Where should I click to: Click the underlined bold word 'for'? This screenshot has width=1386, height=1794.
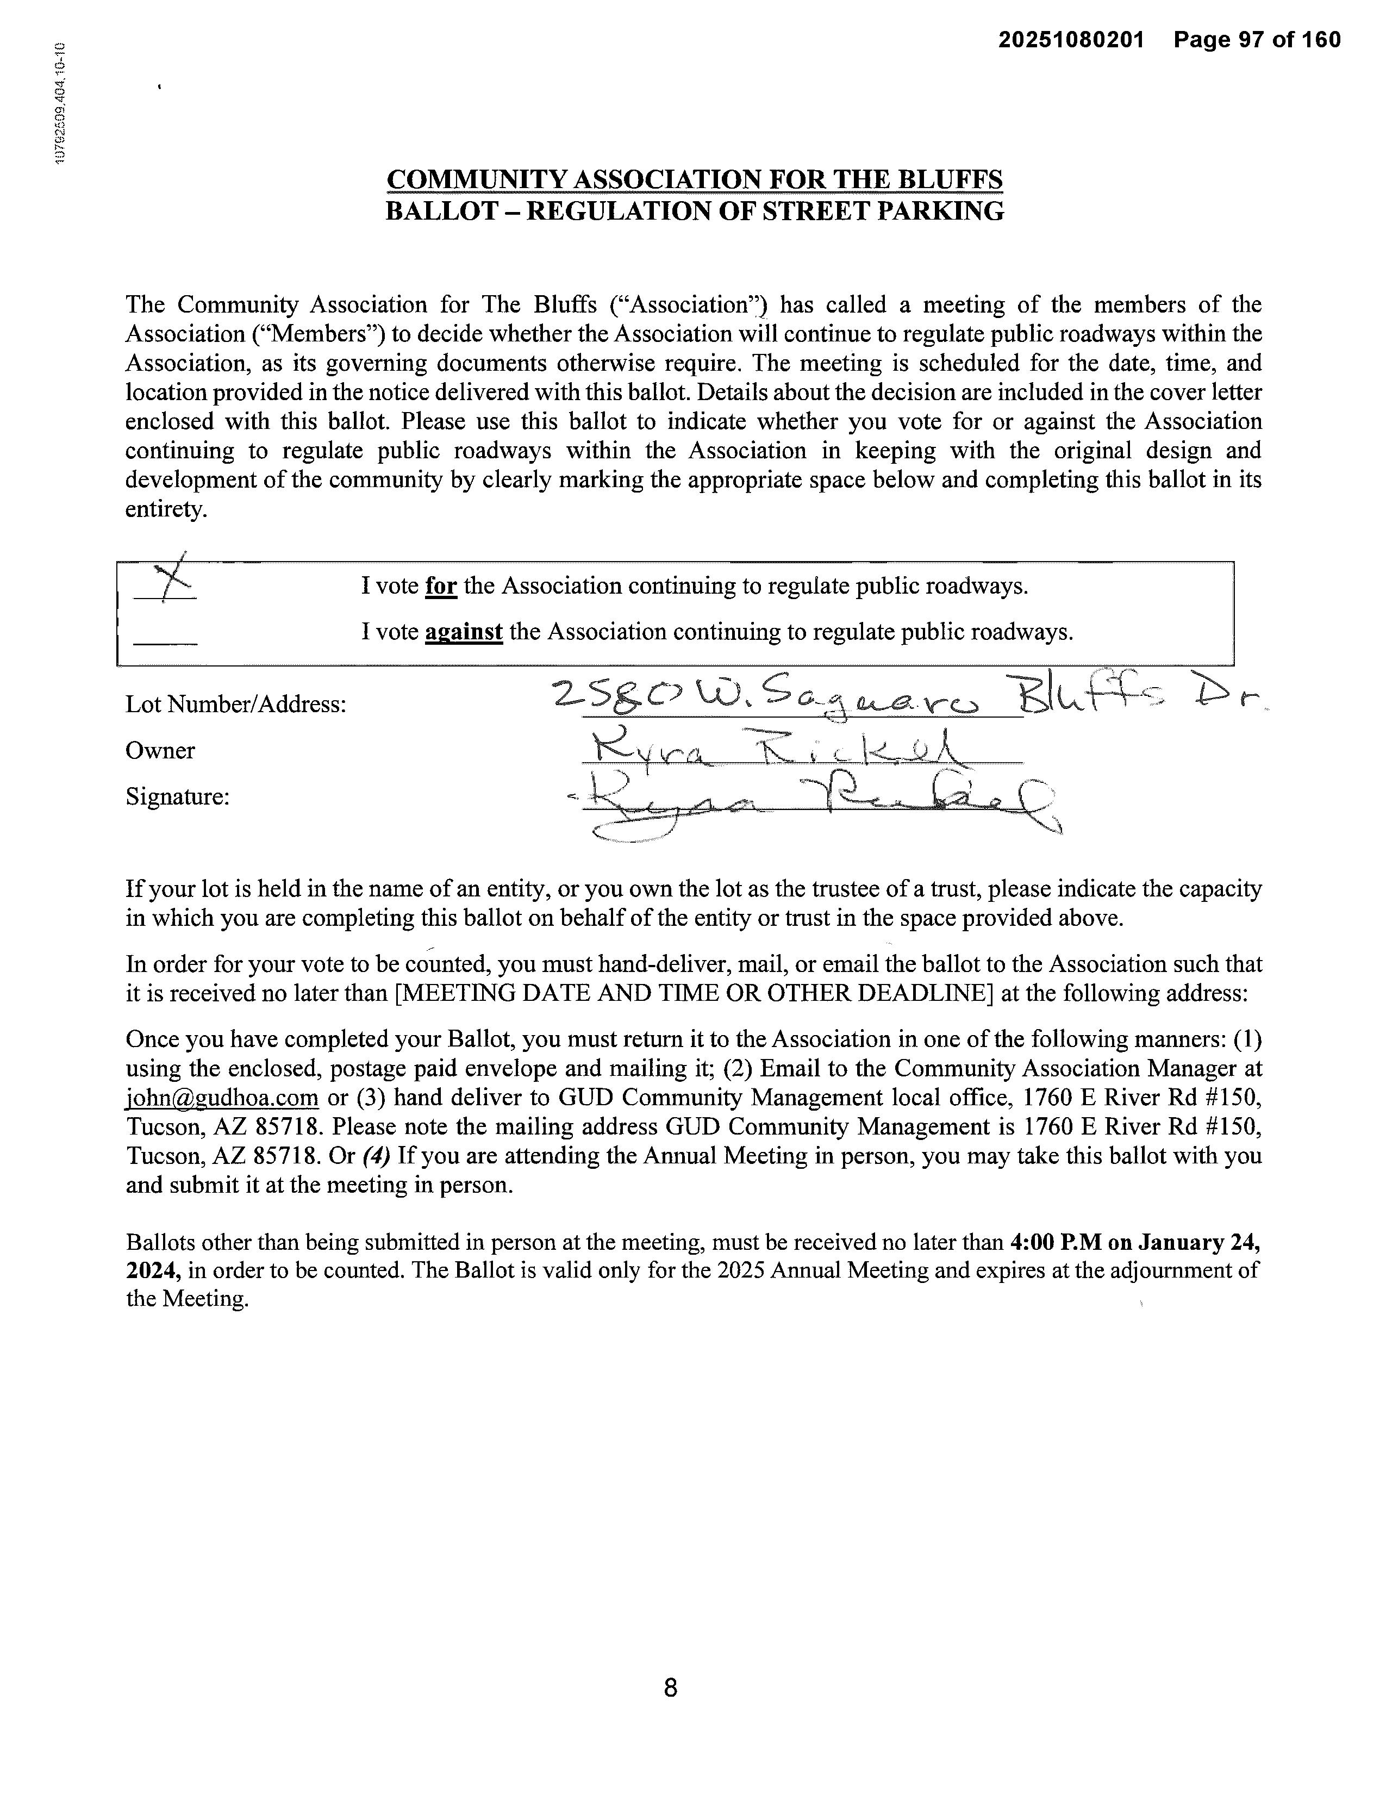click(x=441, y=587)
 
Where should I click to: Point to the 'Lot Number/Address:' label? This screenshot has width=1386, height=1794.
click(x=236, y=705)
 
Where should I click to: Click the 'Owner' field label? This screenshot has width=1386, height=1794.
click(x=160, y=751)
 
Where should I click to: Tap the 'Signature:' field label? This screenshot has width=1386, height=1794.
click(x=177, y=797)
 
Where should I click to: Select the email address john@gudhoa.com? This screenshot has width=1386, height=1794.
click(x=222, y=1098)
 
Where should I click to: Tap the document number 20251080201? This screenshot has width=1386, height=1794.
click(x=1071, y=40)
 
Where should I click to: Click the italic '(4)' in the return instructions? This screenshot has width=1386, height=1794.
click(x=375, y=1156)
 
